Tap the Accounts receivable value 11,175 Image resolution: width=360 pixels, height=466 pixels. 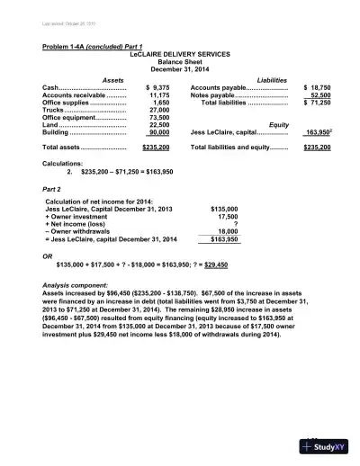pos(159,94)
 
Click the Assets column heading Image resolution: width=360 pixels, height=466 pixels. pos(113,80)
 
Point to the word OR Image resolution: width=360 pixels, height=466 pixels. pos(49,255)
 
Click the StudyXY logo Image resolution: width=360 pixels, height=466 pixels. pos(326,447)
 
